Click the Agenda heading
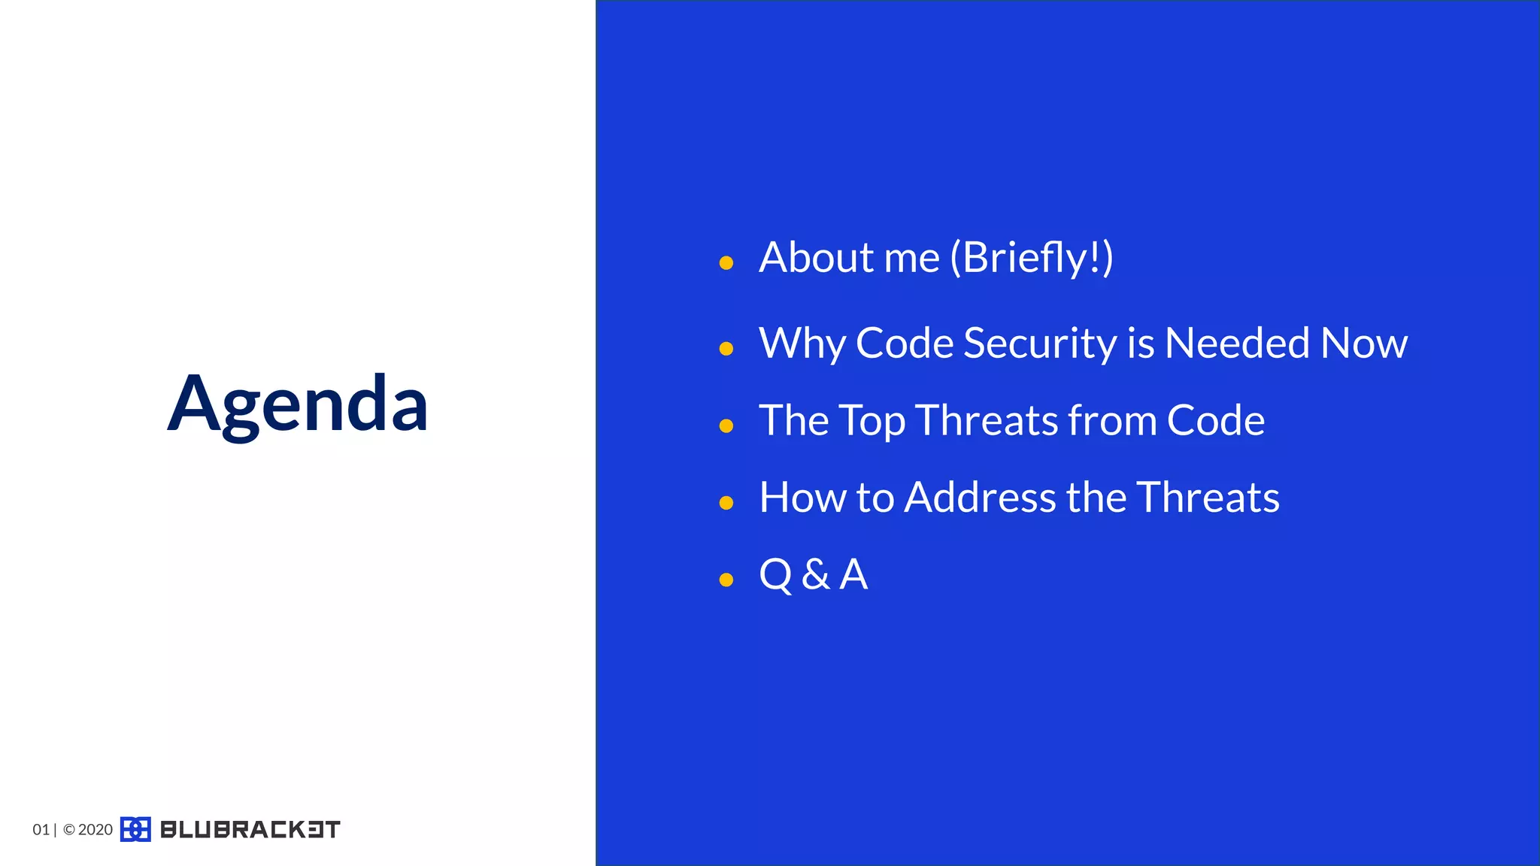tap(298, 404)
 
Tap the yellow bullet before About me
tap(726, 263)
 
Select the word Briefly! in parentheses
tap(1032, 258)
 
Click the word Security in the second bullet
tap(1040, 344)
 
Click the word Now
tap(1363, 344)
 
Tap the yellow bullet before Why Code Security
tap(726, 349)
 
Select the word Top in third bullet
tap(872, 421)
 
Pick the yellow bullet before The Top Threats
tap(726, 426)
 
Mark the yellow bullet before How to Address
tap(726, 503)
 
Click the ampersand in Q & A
tap(815, 575)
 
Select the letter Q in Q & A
tap(775, 575)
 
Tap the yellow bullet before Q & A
tap(726, 580)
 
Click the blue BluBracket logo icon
tap(135, 829)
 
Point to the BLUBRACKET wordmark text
tap(250, 829)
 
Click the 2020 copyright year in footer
tap(95, 830)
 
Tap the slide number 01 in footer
tap(41, 830)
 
